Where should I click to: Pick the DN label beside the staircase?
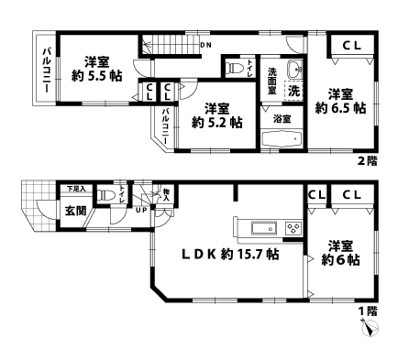tap(206, 44)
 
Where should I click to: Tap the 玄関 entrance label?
tap(75, 211)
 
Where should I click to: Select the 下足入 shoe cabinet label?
tap(75, 190)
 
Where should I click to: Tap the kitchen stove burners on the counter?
tap(295, 227)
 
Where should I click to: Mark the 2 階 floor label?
tap(367, 162)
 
